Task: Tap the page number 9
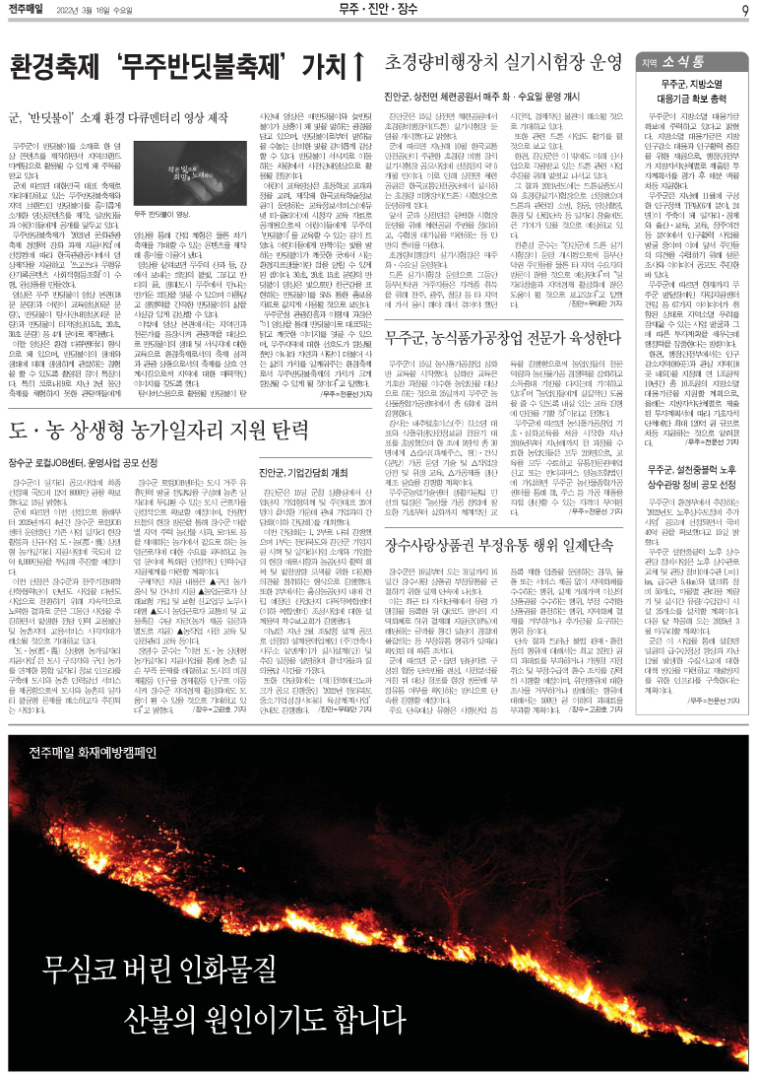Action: [x=746, y=11]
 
